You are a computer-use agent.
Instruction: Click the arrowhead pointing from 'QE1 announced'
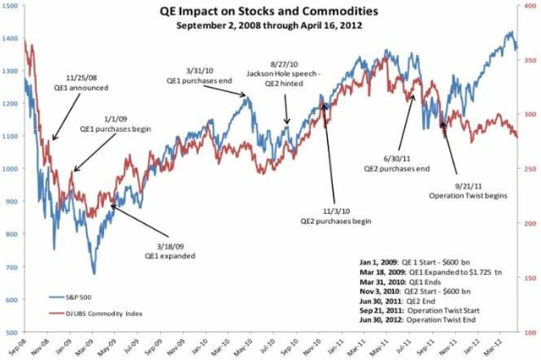click(x=52, y=140)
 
